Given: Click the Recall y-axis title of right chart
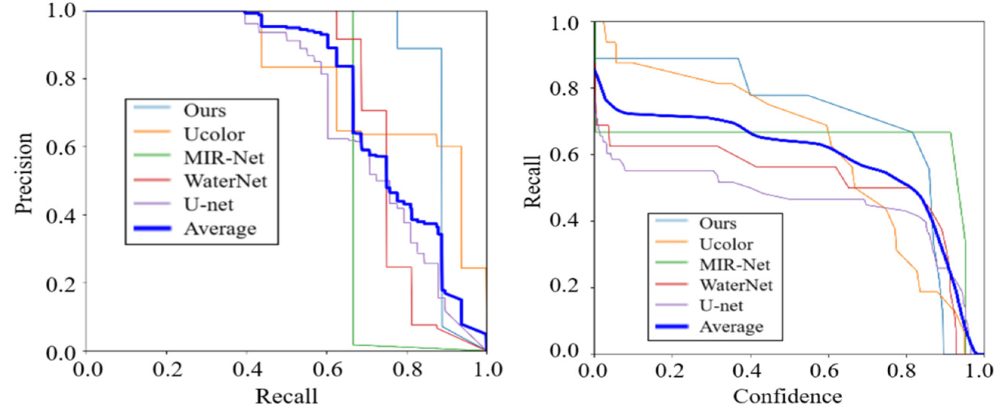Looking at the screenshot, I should click(x=532, y=182).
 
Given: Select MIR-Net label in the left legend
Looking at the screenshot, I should click(x=224, y=158).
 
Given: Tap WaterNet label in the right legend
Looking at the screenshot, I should click(x=736, y=285).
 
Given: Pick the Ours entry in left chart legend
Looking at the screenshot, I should click(x=205, y=111).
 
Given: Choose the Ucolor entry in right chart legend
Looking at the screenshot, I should click(x=726, y=245).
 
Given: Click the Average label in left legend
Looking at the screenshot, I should click(x=220, y=229).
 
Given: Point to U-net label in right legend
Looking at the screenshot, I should click(x=721, y=306).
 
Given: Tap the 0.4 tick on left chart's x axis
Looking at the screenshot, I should click(x=247, y=370).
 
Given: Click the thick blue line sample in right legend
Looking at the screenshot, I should click(x=671, y=327).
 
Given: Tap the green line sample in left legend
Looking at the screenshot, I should click(x=152, y=155).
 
